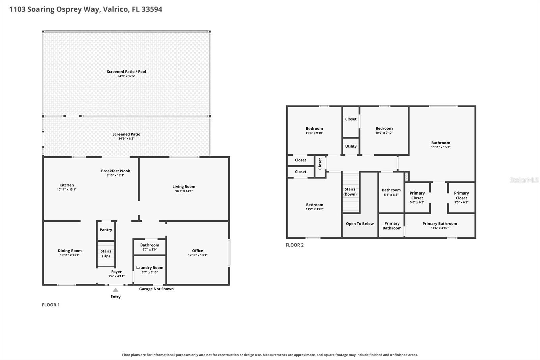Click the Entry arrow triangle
pos(116,290)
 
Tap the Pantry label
pos(106,230)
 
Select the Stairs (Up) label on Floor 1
pos(106,253)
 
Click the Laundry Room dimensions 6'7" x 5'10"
pos(150,272)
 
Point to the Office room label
pos(198,251)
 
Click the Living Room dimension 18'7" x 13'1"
pos(184,191)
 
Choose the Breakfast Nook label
pos(115,171)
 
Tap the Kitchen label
pos(67,185)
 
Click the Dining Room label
pos(70,251)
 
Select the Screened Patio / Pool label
pos(127,71)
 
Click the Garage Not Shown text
pos(157,289)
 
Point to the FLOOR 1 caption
pos(51,305)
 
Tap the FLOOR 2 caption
pos(295,245)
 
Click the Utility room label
pos(351,146)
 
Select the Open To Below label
pos(360,224)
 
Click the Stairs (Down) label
pos(350,192)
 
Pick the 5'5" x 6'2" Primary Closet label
pos(461,198)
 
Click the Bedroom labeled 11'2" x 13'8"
pos(315,207)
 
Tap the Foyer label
pos(116,272)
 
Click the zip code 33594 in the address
pos(152,9)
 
